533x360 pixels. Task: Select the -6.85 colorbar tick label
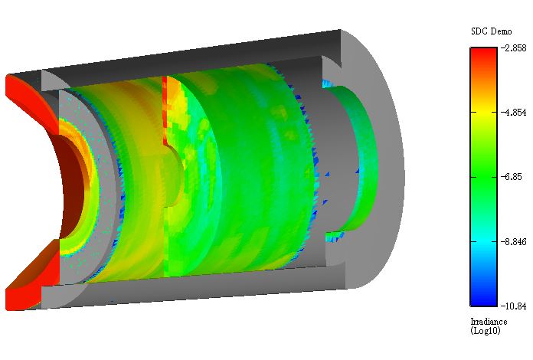point(512,177)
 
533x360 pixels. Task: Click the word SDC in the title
point(479,31)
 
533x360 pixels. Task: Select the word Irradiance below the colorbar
point(489,322)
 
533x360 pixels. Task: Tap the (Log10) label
point(486,330)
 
